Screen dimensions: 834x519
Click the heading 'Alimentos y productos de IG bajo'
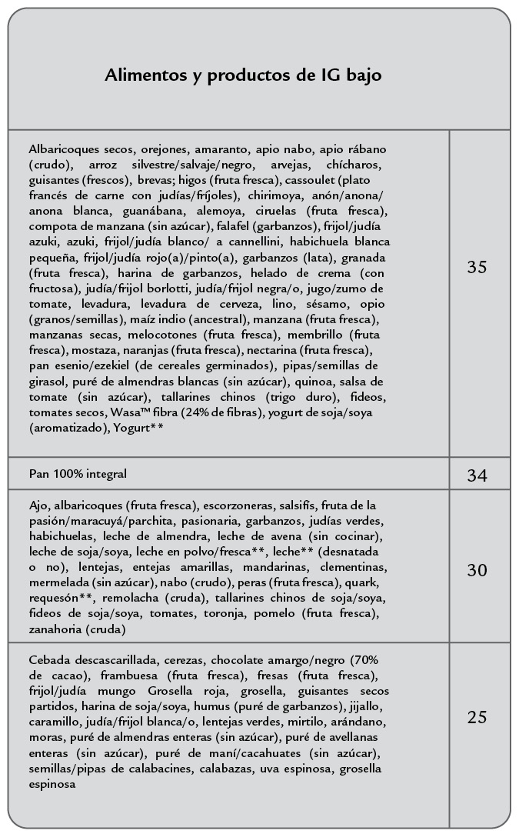pos(243,75)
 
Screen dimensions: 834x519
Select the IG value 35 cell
pos(477,267)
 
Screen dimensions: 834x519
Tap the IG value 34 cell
pos(477,475)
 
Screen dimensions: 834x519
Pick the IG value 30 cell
pos(477,570)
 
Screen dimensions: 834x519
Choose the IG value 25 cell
pos(477,717)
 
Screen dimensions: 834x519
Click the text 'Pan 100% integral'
pos(78,474)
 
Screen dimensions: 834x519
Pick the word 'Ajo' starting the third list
pos(38,505)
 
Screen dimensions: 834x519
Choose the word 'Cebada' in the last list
pos(50,660)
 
